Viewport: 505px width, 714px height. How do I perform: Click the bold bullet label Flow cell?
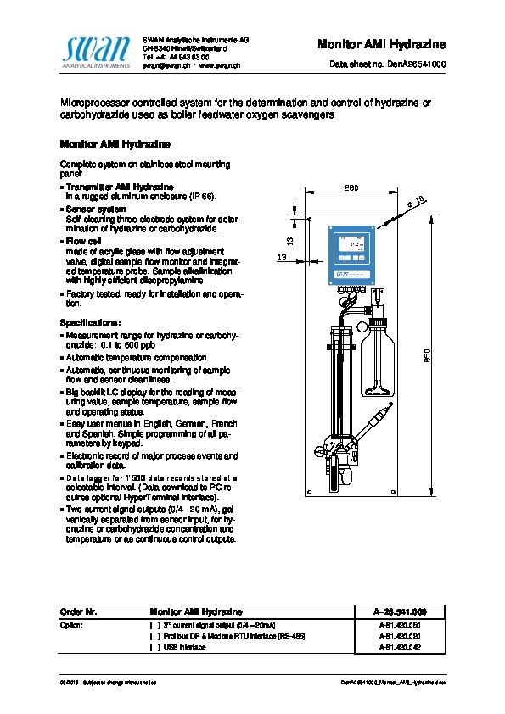pos(83,241)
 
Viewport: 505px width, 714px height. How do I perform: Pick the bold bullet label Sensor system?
pos(96,209)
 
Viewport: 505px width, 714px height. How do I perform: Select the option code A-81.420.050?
pos(400,624)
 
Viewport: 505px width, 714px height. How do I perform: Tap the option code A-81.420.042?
pos(400,647)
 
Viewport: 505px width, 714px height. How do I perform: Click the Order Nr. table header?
pos(79,611)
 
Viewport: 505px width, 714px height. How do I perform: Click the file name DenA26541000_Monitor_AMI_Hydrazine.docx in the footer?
pos(393,682)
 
